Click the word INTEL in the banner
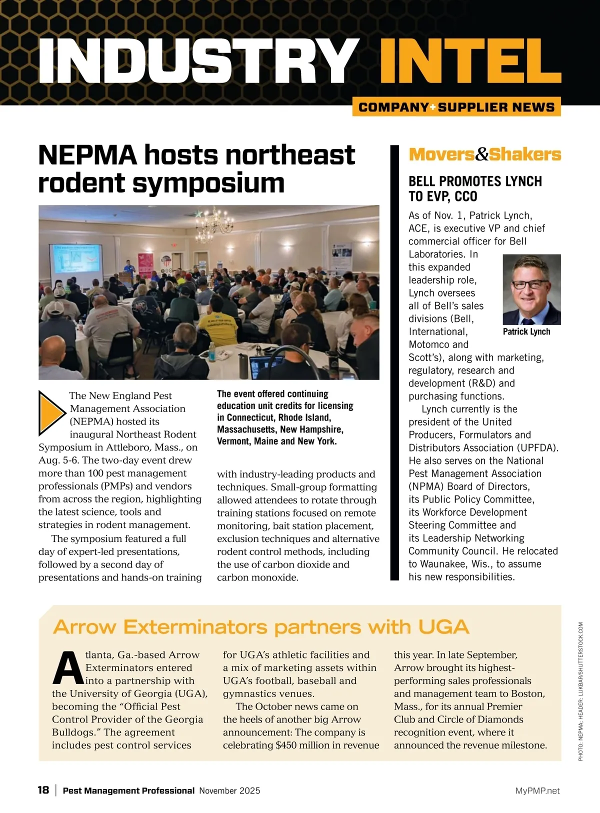point(469,61)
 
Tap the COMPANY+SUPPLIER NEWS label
point(456,107)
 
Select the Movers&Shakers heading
point(484,154)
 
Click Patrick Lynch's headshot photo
point(531,289)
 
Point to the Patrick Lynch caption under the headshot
point(526,331)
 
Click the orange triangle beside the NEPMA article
point(51,413)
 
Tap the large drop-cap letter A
point(67,668)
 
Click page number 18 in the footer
point(43,790)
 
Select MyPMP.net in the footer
point(537,790)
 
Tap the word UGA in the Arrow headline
point(443,626)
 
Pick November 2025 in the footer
point(229,790)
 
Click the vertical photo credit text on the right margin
point(580,691)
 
